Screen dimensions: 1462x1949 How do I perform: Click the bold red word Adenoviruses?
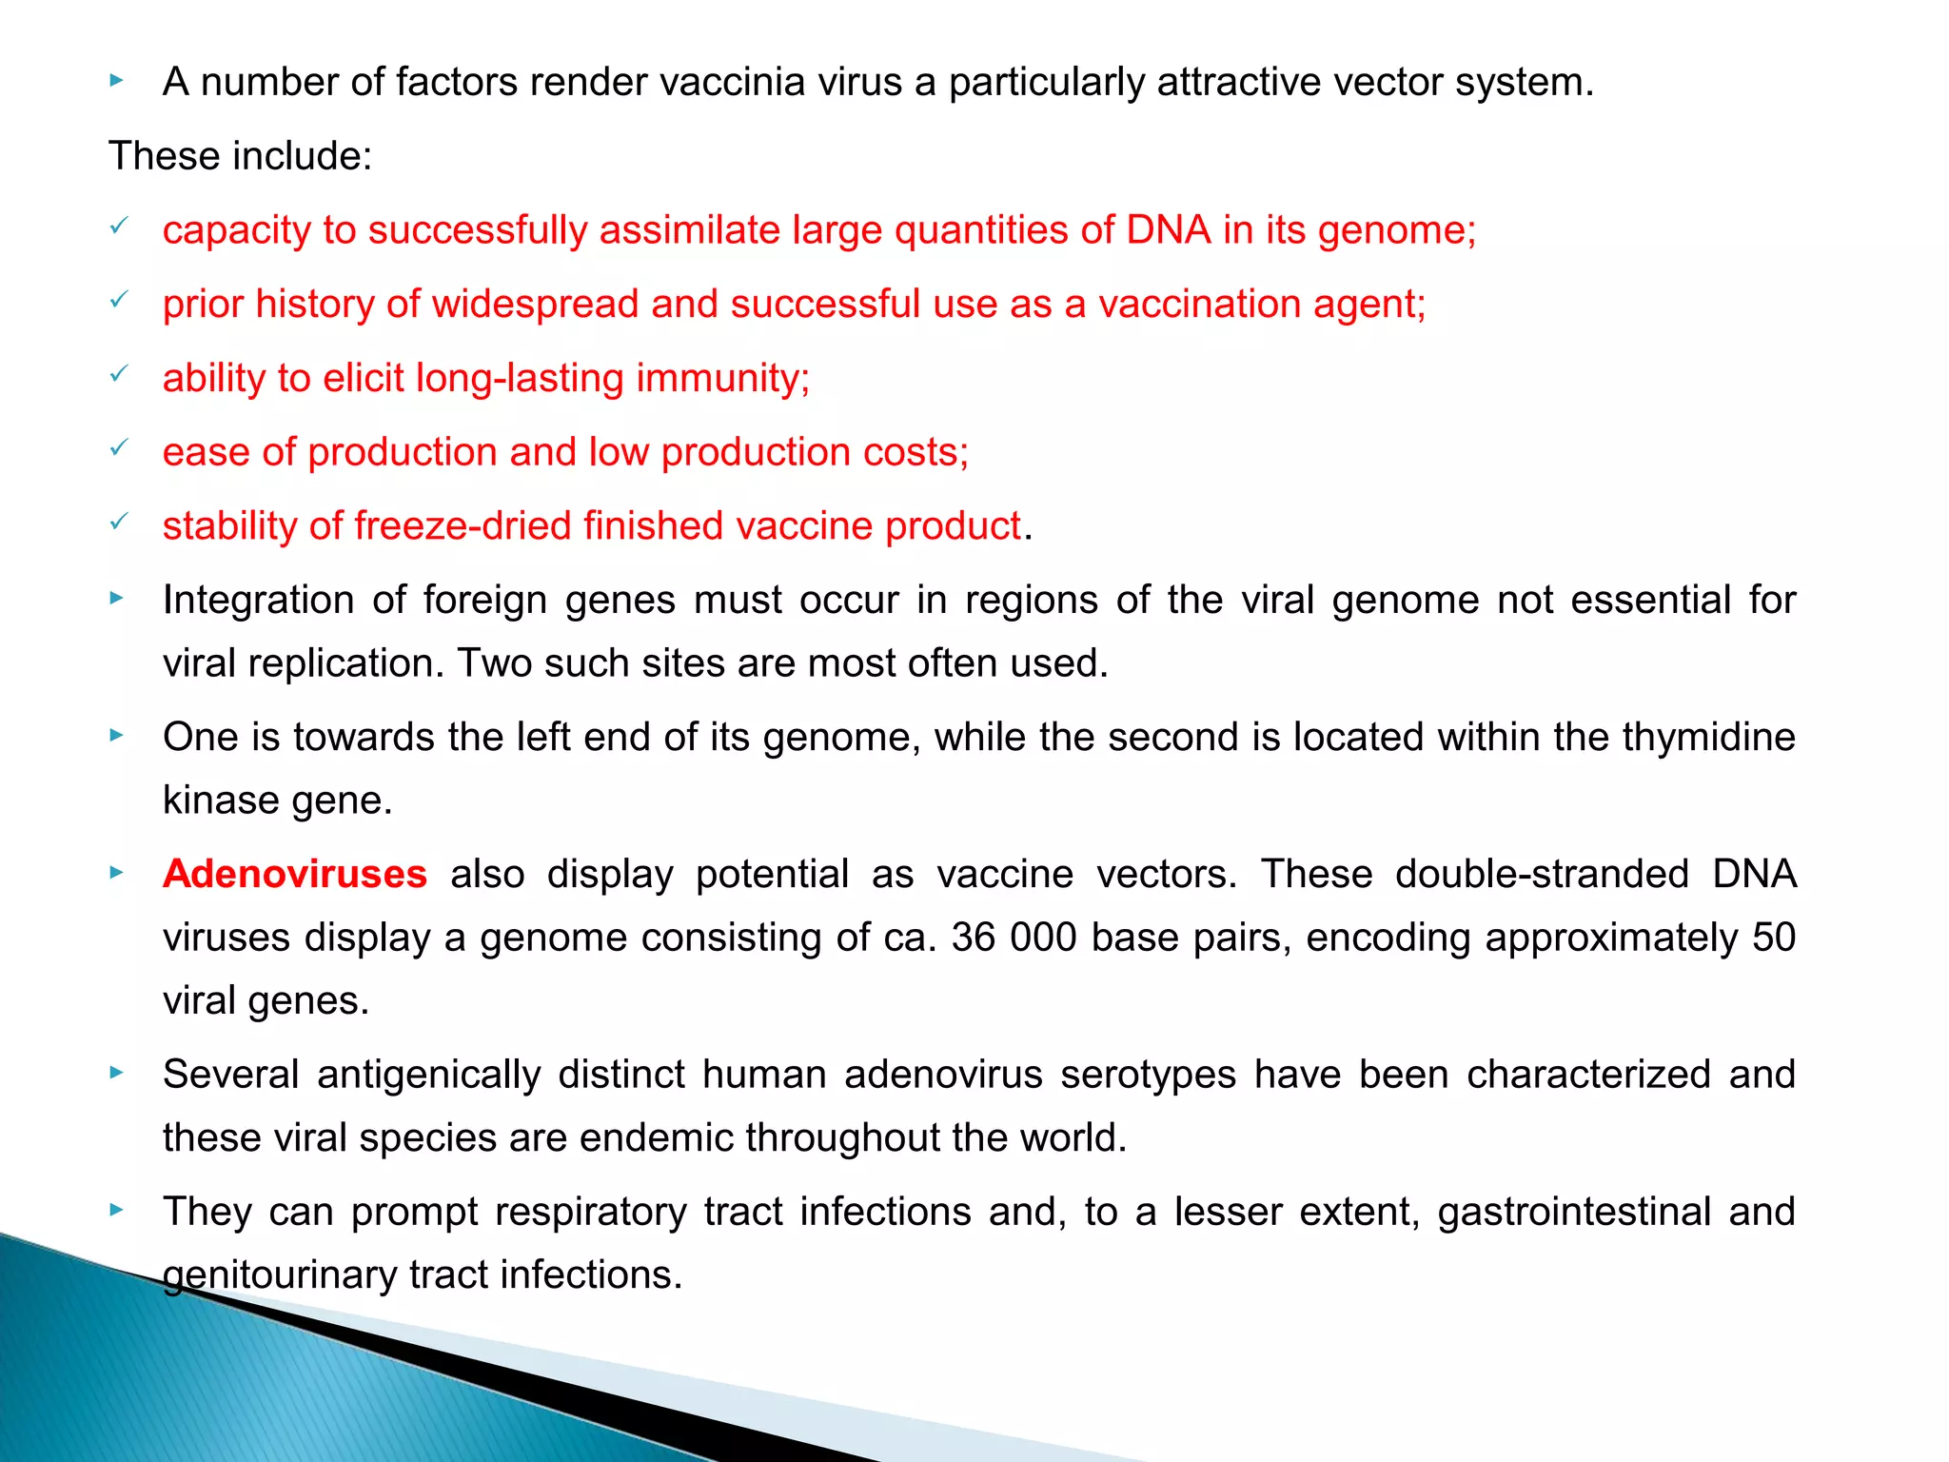point(294,874)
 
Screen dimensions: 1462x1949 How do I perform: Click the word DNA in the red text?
point(1169,230)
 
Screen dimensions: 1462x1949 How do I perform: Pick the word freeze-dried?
point(463,526)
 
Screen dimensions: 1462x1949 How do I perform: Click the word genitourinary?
point(279,1275)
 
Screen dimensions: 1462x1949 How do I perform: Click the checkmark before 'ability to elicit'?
point(119,374)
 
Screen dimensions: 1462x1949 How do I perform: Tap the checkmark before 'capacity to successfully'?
point(119,226)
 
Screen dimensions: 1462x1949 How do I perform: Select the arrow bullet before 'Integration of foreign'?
point(117,599)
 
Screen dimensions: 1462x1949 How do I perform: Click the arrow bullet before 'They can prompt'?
point(117,1211)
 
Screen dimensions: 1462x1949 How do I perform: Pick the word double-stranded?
point(1542,874)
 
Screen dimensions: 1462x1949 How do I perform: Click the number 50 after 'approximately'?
point(1773,938)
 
